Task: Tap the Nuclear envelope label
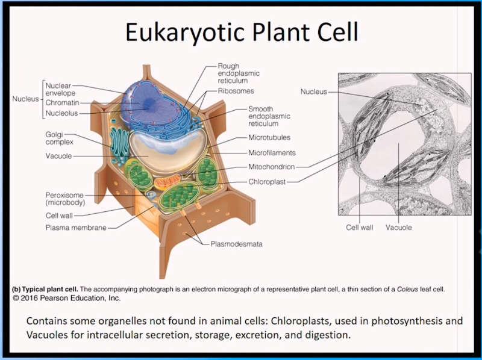click(60, 90)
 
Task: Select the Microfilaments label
click(272, 153)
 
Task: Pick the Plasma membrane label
click(76, 228)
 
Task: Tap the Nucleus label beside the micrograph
click(313, 92)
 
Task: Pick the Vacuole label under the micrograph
click(399, 228)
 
